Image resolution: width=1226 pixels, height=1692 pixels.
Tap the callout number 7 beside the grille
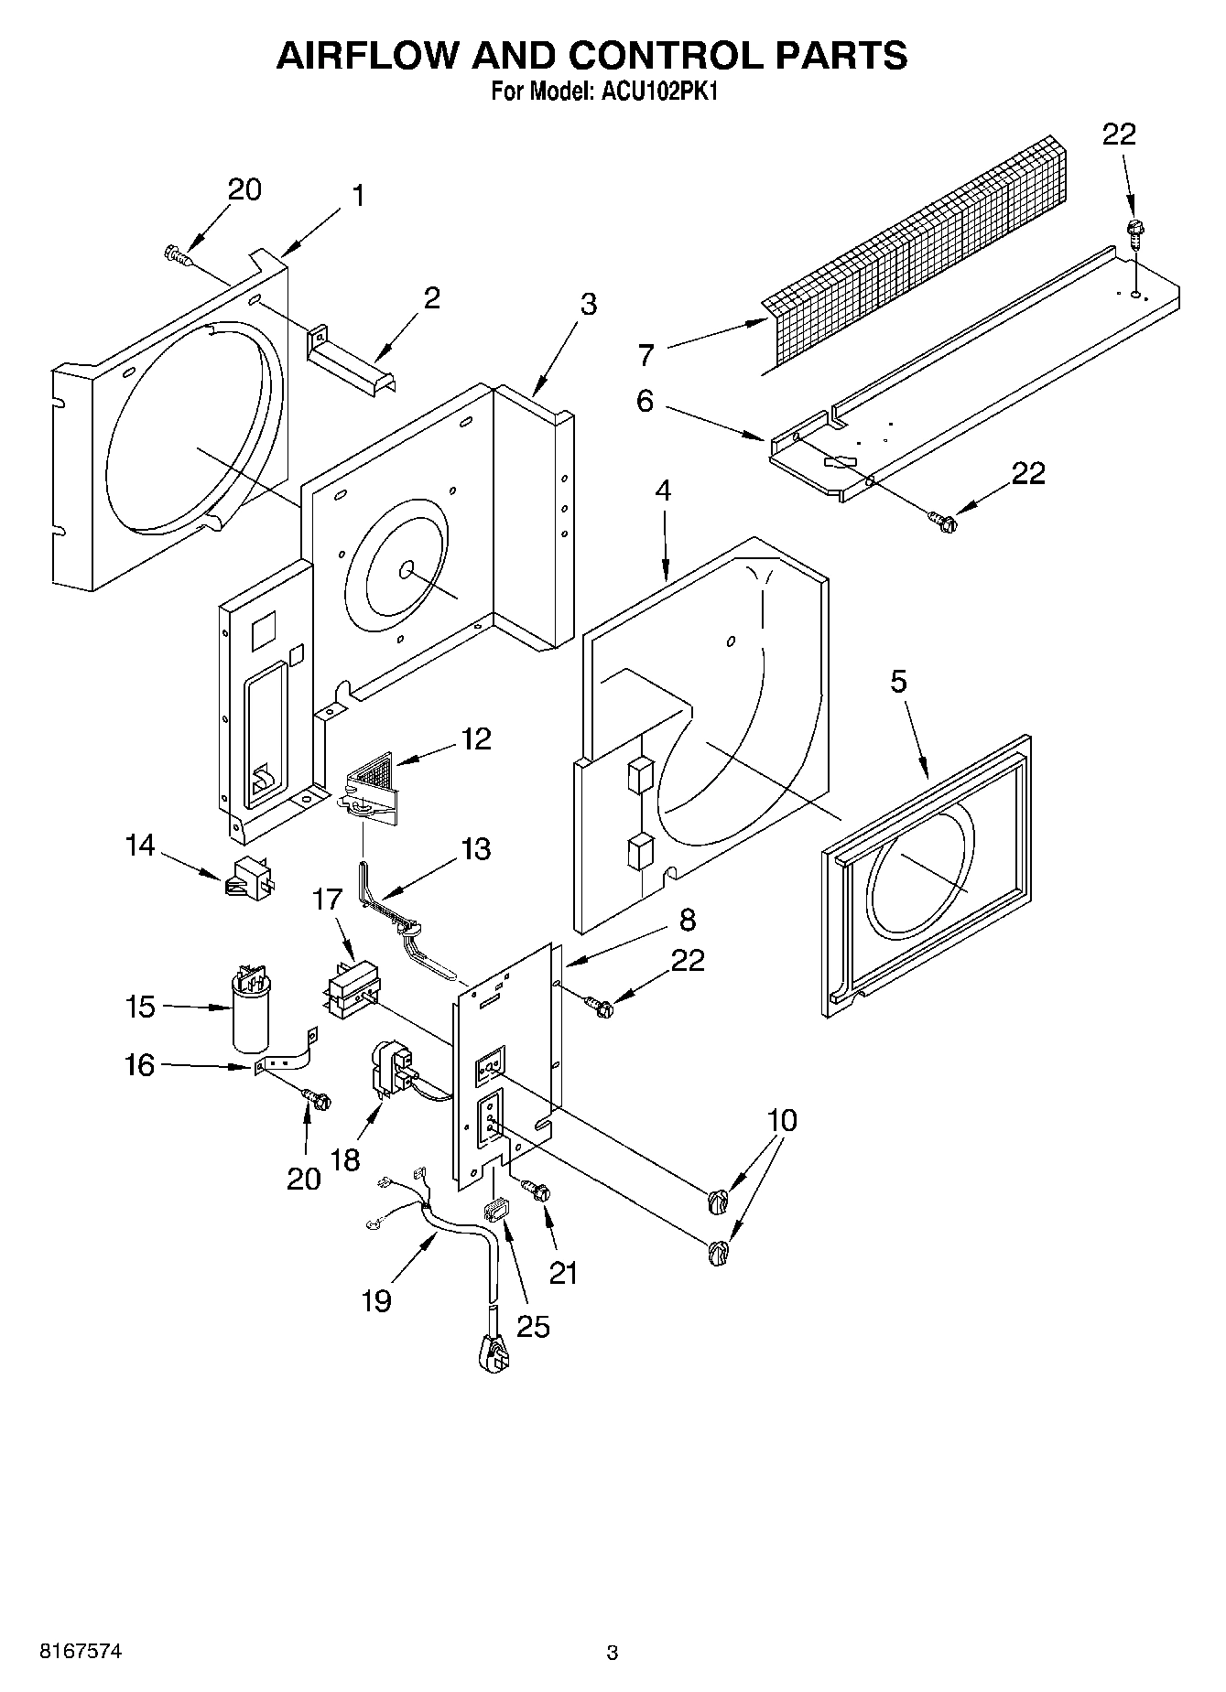pyautogui.click(x=646, y=353)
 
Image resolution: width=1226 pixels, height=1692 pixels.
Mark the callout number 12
pyautogui.click(x=476, y=738)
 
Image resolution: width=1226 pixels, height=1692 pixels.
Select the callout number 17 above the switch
pyautogui.click(x=327, y=900)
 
